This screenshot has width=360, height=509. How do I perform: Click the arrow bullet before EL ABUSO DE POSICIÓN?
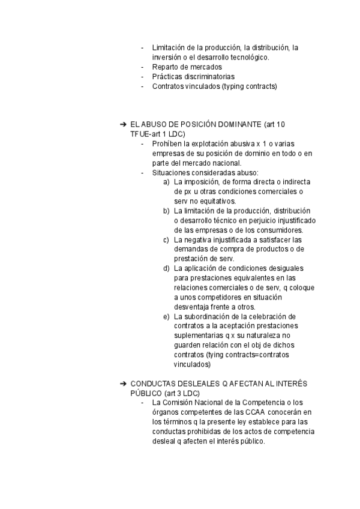click(x=123, y=124)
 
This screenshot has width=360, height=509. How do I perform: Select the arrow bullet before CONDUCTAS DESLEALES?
click(x=123, y=383)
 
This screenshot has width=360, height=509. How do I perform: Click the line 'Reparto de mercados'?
click(x=187, y=67)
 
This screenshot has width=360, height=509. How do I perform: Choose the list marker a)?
click(x=167, y=182)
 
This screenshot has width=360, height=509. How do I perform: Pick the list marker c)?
click(x=167, y=239)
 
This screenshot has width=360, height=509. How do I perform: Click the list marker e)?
click(x=167, y=316)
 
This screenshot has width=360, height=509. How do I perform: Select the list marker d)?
click(x=167, y=268)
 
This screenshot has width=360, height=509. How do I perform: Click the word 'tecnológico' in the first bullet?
click(x=247, y=58)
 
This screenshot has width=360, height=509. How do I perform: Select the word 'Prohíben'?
click(x=167, y=144)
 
